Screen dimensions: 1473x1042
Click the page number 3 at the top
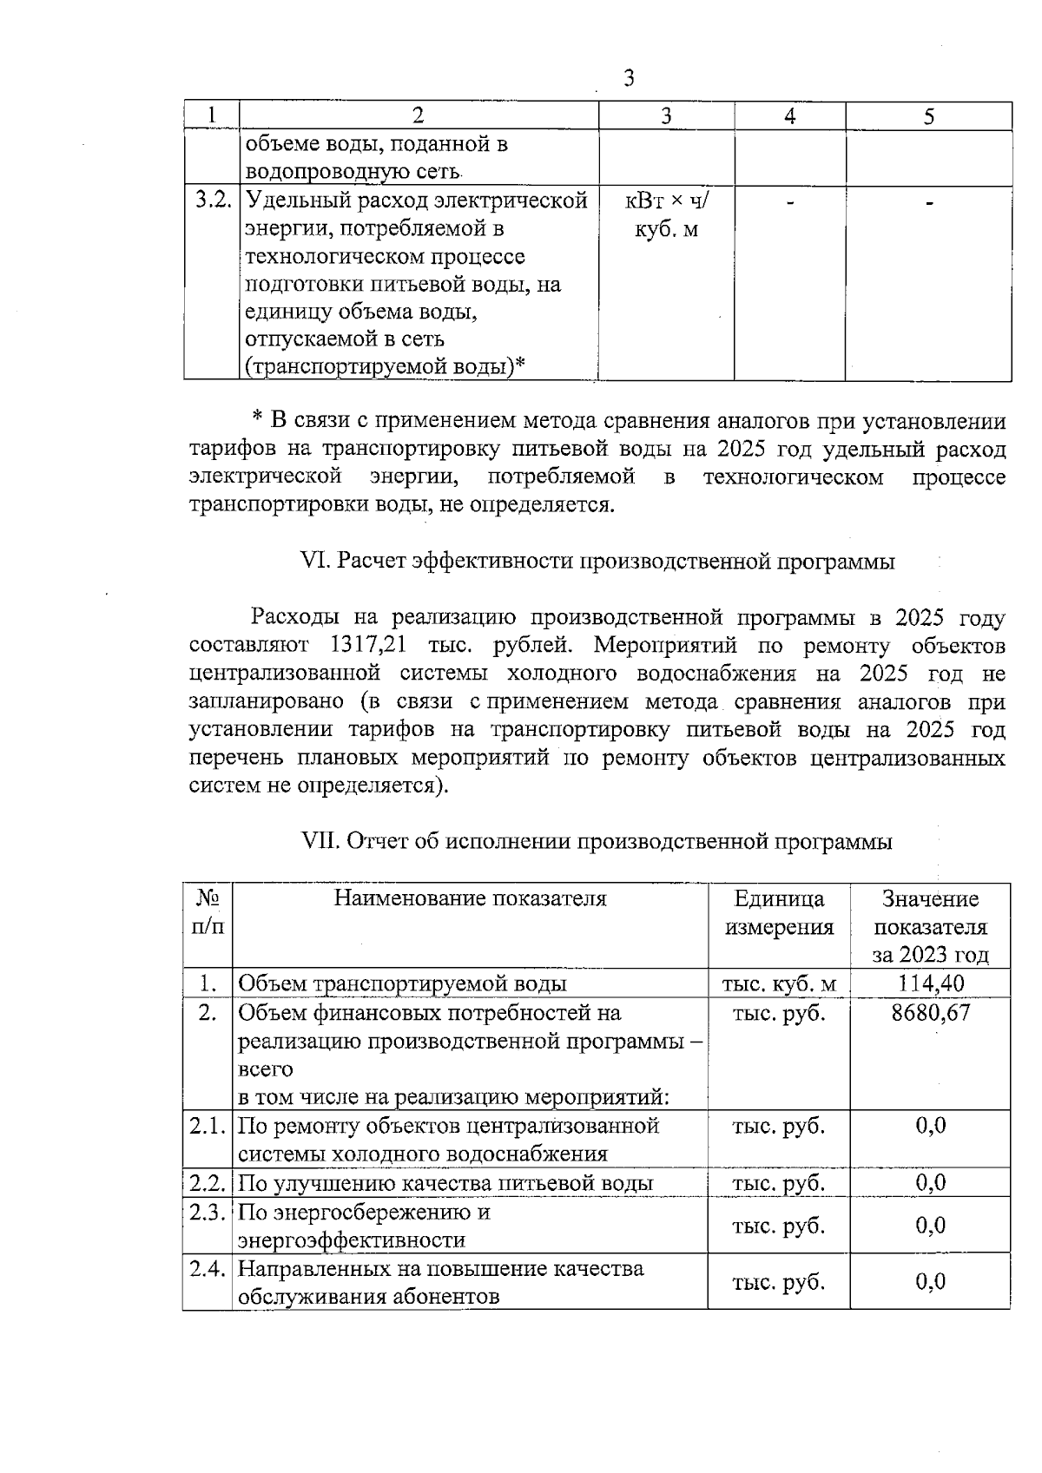pos(630,79)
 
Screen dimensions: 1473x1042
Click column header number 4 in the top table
pos(789,116)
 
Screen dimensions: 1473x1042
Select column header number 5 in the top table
pos(928,116)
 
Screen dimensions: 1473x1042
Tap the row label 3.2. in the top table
pos(212,201)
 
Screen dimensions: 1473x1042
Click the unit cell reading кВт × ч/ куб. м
pos(666,215)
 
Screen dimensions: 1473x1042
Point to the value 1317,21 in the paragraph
pos(362,646)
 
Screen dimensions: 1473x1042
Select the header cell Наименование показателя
pos(470,898)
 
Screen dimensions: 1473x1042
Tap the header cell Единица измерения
pos(779,912)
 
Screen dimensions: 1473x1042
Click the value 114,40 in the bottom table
pos(930,983)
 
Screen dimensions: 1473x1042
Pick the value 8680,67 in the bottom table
pos(930,1012)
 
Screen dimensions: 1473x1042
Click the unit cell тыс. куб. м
pos(779,983)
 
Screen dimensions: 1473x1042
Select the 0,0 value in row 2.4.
pos(930,1281)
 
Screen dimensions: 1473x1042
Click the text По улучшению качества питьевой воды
pos(445,1183)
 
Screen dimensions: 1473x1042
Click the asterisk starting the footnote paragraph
pos(257,419)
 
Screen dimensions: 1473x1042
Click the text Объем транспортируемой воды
pos(402,983)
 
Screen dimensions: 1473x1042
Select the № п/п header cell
pos(208,912)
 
